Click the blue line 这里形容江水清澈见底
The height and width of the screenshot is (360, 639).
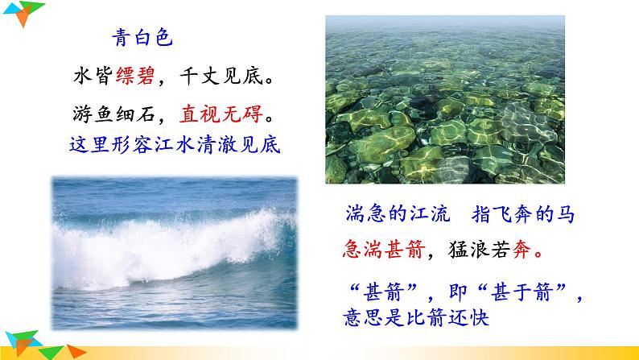click(177, 146)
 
